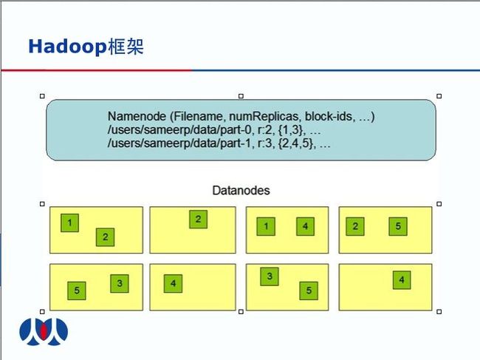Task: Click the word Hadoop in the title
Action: pyautogui.click(x=67, y=47)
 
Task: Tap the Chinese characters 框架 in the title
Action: pyautogui.click(x=126, y=47)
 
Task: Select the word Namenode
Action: pyautogui.click(x=137, y=116)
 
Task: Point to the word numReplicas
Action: pyautogui.click(x=264, y=116)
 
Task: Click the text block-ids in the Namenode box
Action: pyautogui.click(x=329, y=116)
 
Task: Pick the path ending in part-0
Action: pyautogui.click(x=179, y=130)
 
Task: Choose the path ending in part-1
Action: pyautogui.click(x=179, y=143)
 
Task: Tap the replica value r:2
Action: pyautogui.click(x=264, y=130)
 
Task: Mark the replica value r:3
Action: pyautogui.click(x=264, y=143)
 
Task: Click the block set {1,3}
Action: pyautogui.click(x=290, y=130)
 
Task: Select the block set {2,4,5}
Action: pyautogui.click(x=295, y=143)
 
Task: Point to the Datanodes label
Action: pyautogui.click(x=241, y=191)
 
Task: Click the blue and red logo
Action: pyautogui.click(x=44, y=332)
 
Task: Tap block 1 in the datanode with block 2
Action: pyautogui.click(x=70, y=223)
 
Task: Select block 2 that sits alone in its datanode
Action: pyautogui.click(x=199, y=219)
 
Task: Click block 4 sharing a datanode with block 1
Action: pyautogui.click(x=305, y=226)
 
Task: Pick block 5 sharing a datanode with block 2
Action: pyautogui.click(x=398, y=226)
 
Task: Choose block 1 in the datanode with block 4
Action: pyautogui.click(x=266, y=226)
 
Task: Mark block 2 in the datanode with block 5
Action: pyautogui.click(x=355, y=226)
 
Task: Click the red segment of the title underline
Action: pyautogui.click(x=97, y=70)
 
